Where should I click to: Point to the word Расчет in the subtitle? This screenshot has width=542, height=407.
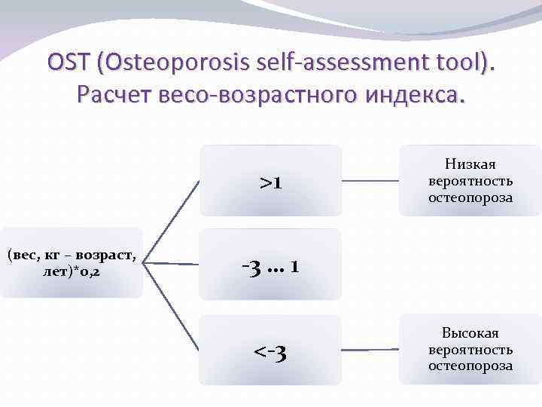click(117, 96)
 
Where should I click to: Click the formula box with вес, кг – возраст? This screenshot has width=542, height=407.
click(72, 262)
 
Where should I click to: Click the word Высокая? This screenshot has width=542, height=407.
click(470, 333)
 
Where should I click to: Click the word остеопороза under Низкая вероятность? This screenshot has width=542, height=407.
click(470, 197)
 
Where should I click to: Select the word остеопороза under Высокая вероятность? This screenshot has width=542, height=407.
click(470, 366)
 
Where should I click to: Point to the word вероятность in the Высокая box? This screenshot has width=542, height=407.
click(470, 350)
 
